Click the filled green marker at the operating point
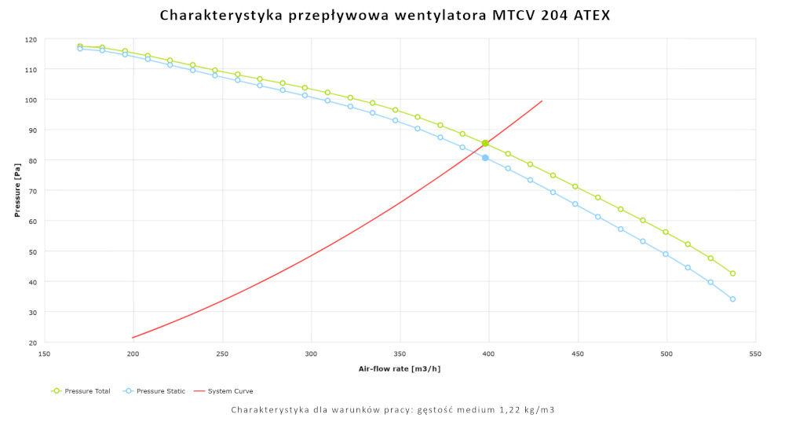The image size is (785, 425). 485,143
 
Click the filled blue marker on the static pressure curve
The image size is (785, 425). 485,158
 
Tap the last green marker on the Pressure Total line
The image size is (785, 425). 732,273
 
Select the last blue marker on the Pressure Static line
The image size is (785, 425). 732,299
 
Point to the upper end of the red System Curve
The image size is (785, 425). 542,101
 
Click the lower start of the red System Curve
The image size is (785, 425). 133,338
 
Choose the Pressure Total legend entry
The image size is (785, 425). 81,390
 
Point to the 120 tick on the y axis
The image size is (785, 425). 31,39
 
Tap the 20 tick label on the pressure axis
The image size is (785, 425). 32,343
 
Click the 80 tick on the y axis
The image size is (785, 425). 32,160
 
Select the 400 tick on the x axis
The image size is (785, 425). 489,354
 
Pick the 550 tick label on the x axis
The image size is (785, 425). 755,354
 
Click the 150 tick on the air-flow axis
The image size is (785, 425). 44,354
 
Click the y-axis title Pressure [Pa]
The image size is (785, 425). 16,191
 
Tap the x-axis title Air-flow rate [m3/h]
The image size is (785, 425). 400,368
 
